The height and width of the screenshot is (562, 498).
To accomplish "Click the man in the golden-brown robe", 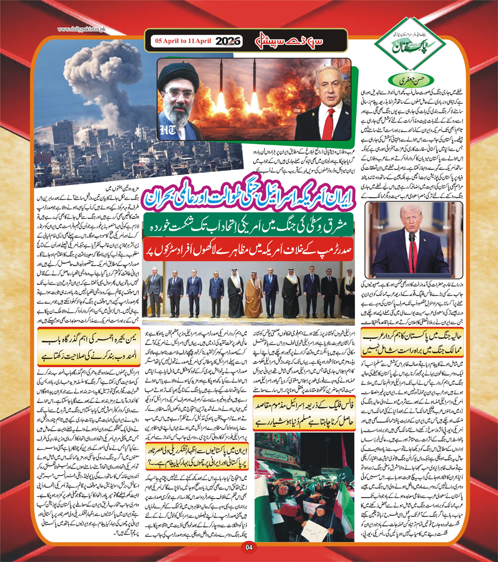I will tap(254, 298).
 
